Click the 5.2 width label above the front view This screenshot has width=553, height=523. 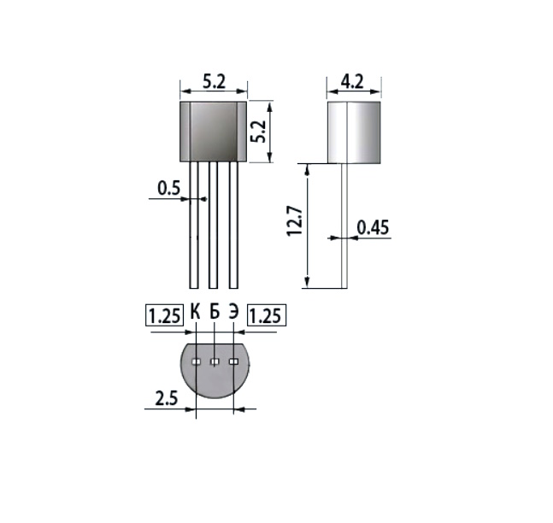214,82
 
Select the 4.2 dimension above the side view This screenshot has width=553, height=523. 352,82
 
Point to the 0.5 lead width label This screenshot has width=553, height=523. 168,188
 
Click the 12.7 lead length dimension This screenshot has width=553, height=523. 295,220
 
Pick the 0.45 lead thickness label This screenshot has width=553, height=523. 373,227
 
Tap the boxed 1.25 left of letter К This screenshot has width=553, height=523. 165,315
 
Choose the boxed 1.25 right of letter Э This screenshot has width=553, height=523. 266,315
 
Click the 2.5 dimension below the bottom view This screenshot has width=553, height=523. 167,399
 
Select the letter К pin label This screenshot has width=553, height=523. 196,311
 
